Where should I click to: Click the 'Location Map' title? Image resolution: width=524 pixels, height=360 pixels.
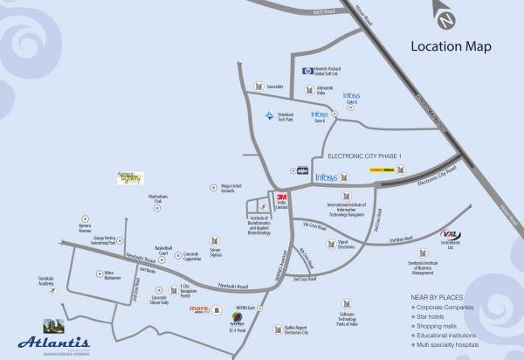[451, 46]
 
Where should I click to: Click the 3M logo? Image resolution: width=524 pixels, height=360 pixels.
[282, 197]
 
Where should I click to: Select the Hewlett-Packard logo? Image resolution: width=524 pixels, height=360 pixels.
[307, 72]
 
